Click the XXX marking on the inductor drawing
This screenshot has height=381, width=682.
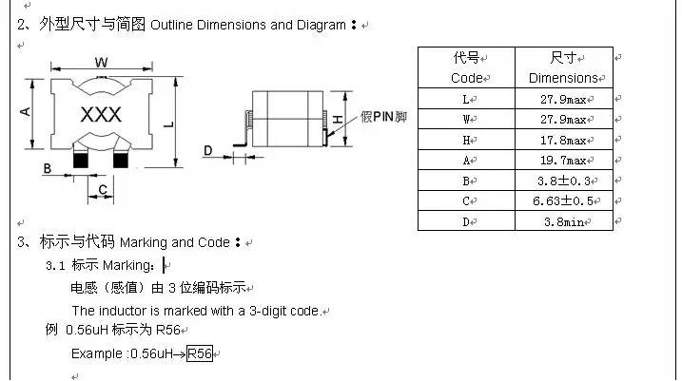[101, 115]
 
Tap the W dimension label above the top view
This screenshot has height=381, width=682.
[102, 62]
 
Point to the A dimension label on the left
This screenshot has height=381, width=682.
[26, 112]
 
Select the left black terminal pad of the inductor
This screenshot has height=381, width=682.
[81, 160]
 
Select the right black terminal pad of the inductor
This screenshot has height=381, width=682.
[121, 160]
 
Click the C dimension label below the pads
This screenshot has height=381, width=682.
[103, 190]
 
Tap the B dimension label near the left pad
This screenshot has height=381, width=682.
[48, 168]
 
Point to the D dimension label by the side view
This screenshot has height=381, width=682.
[208, 151]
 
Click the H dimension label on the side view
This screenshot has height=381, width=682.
[338, 119]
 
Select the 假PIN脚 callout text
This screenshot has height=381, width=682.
[383, 117]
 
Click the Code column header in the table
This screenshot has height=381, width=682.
[467, 78]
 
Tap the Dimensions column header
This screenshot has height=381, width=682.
[563, 78]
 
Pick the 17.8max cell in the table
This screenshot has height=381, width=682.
[563, 141]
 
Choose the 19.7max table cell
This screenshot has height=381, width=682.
[563, 161]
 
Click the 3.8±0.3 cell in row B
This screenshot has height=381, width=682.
[564, 181]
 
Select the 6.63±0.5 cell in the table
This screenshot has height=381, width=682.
[563, 200]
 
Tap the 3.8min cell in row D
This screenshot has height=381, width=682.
[564, 222]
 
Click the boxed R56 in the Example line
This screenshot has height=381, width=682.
[200, 353]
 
